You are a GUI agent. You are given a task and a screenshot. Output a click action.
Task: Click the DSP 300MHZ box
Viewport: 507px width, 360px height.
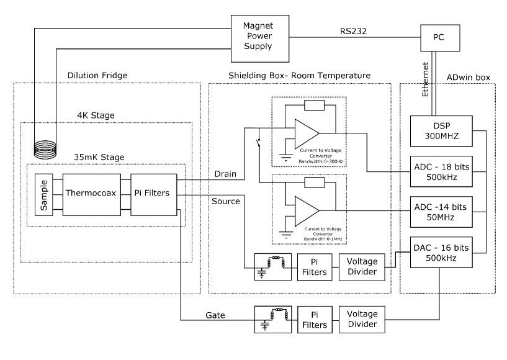441,130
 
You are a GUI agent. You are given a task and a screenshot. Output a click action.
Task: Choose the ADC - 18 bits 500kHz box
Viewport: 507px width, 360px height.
441,171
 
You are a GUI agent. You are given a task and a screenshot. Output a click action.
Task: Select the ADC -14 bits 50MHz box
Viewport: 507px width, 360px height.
441,209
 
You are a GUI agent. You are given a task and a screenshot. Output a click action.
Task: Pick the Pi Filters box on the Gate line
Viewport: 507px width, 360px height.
313,320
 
